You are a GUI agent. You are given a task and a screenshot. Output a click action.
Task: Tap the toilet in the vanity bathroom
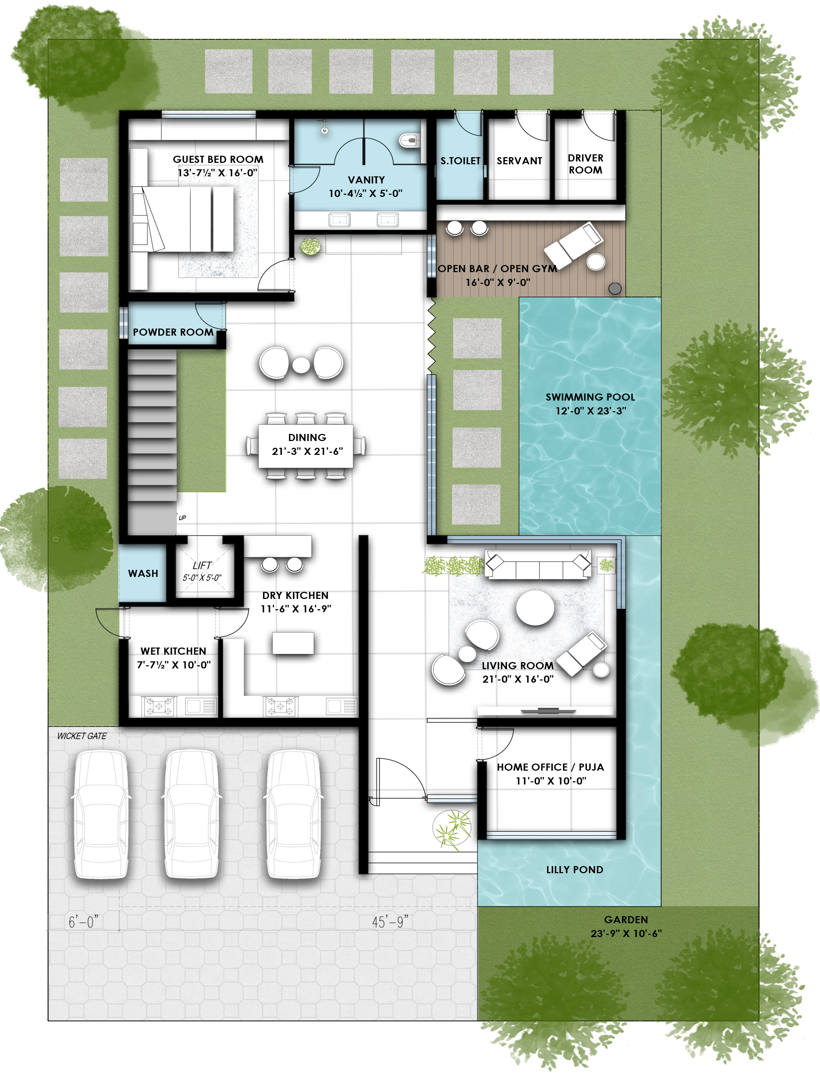(x=409, y=141)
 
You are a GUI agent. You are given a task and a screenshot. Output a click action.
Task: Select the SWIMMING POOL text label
(x=590, y=397)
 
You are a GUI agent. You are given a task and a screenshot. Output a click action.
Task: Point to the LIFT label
(x=202, y=565)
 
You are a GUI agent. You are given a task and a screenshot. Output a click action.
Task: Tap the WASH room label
(x=143, y=574)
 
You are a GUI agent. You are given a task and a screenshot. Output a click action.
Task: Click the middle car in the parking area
(x=191, y=814)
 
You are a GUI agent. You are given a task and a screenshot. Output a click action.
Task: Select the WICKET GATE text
(x=82, y=736)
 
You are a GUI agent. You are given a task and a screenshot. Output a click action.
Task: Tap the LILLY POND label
(x=574, y=870)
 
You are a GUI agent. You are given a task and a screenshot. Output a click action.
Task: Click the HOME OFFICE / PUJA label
(x=550, y=767)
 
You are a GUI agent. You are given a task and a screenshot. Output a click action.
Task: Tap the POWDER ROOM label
(x=173, y=332)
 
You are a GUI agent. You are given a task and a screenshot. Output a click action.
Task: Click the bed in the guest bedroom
(x=188, y=220)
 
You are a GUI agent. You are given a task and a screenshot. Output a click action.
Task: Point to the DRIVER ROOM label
(x=585, y=164)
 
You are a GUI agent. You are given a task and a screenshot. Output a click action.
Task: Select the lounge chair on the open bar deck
(x=574, y=244)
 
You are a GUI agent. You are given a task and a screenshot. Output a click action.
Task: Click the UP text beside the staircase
(x=182, y=518)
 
